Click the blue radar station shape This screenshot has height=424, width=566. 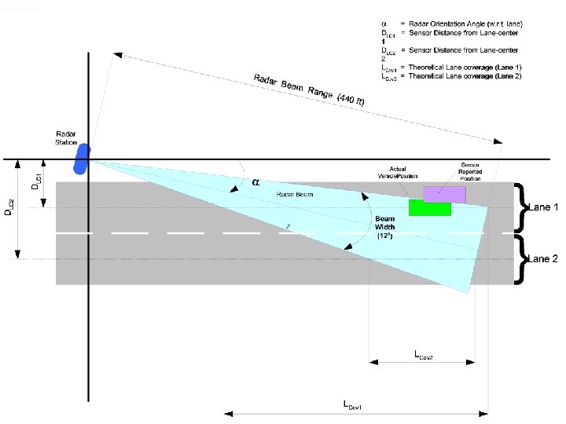click(83, 158)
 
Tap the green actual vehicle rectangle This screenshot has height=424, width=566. click(429, 207)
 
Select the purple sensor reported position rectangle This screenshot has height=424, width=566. click(443, 193)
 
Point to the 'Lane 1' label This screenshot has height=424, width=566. click(542, 207)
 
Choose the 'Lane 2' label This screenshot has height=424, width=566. click(542, 258)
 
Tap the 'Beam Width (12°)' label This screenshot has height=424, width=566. click(385, 227)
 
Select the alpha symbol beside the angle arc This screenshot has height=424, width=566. click(255, 181)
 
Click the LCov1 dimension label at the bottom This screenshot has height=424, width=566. click(351, 404)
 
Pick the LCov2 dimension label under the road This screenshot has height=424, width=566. click(424, 355)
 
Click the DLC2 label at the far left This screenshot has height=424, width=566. click(8, 206)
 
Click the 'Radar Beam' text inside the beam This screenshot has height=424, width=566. click(295, 194)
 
